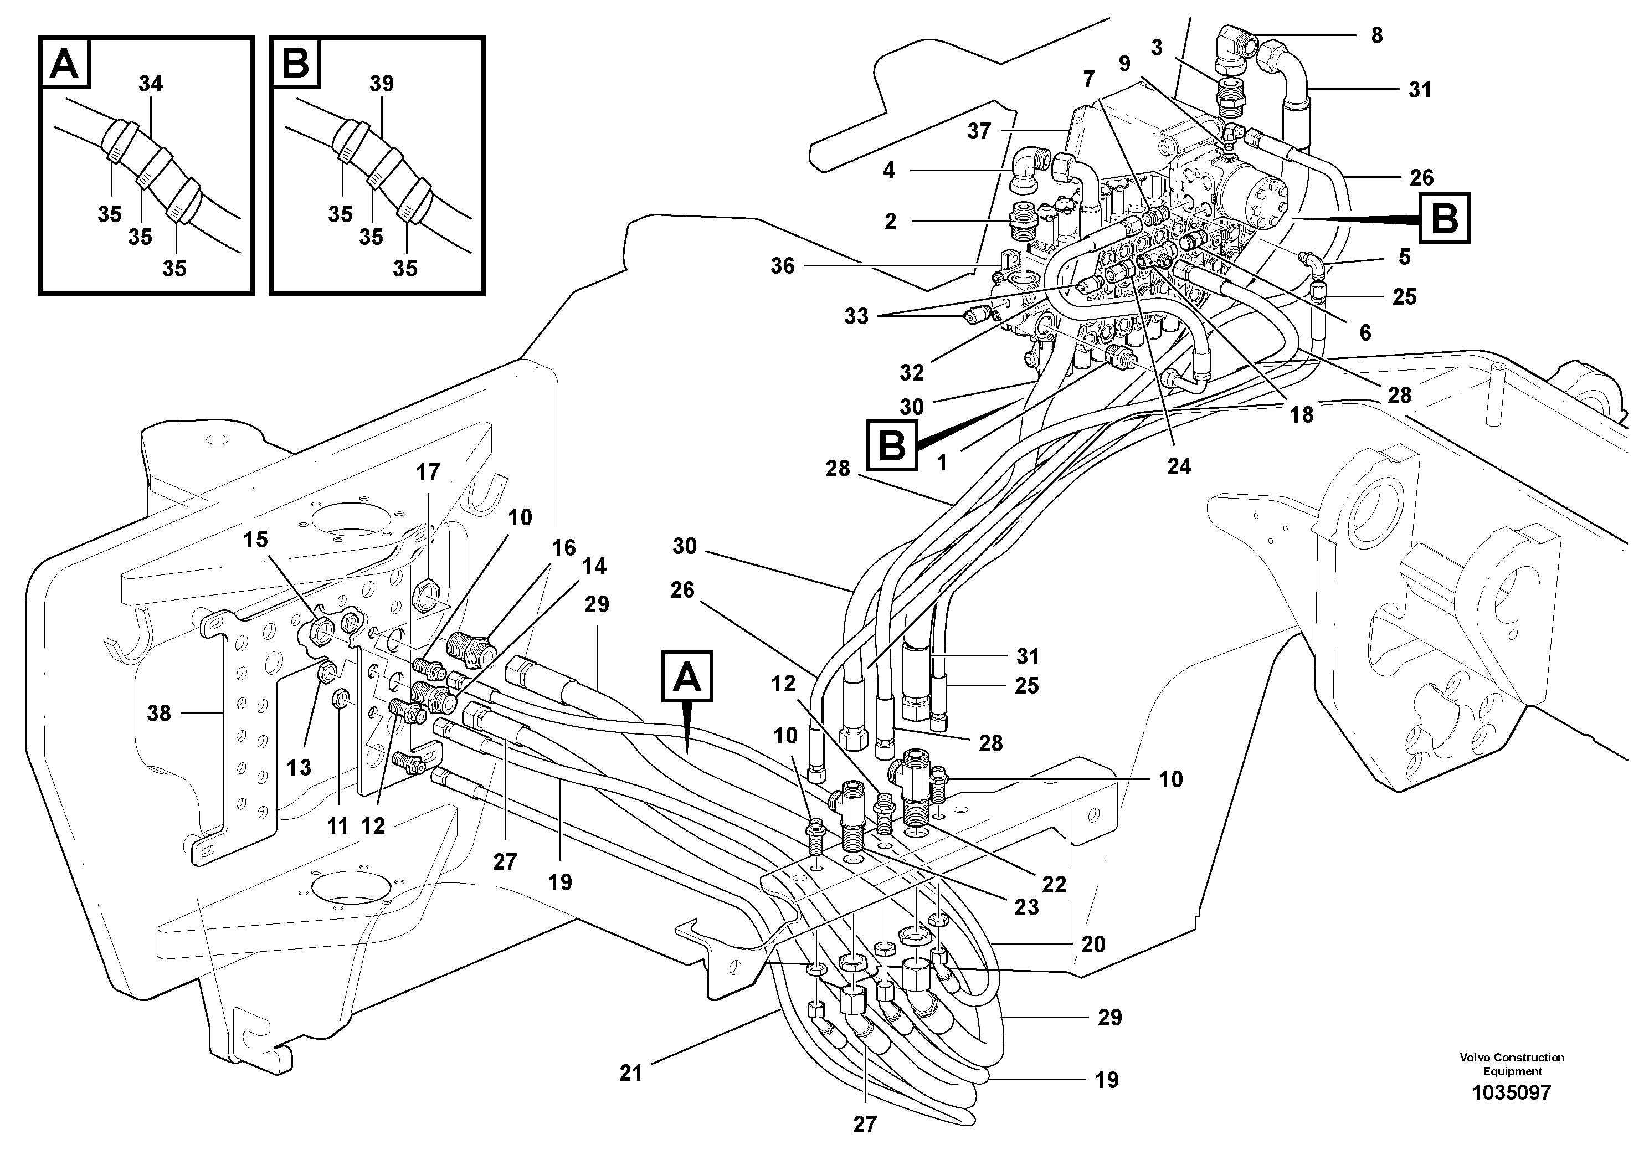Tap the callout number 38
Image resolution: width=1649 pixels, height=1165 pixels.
[159, 713]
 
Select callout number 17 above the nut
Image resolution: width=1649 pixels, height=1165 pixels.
[428, 473]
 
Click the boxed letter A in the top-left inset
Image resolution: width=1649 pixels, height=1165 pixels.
[65, 63]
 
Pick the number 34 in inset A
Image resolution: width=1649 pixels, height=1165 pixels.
[151, 84]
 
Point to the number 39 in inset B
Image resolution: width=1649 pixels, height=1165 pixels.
[381, 84]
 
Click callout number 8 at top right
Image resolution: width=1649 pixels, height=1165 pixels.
[1376, 36]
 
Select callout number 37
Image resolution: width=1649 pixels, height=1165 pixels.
[979, 131]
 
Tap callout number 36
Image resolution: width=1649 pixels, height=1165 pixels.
[783, 266]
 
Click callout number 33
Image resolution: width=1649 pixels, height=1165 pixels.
[856, 316]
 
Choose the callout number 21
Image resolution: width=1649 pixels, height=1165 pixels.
[630, 1073]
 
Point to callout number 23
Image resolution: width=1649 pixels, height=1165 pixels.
[1026, 907]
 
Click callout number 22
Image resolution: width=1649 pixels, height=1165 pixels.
[1054, 884]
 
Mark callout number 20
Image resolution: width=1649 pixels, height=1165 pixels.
[1093, 944]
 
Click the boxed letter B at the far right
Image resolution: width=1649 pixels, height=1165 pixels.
[1444, 218]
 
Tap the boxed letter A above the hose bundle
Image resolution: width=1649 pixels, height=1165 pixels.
[687, 676]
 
